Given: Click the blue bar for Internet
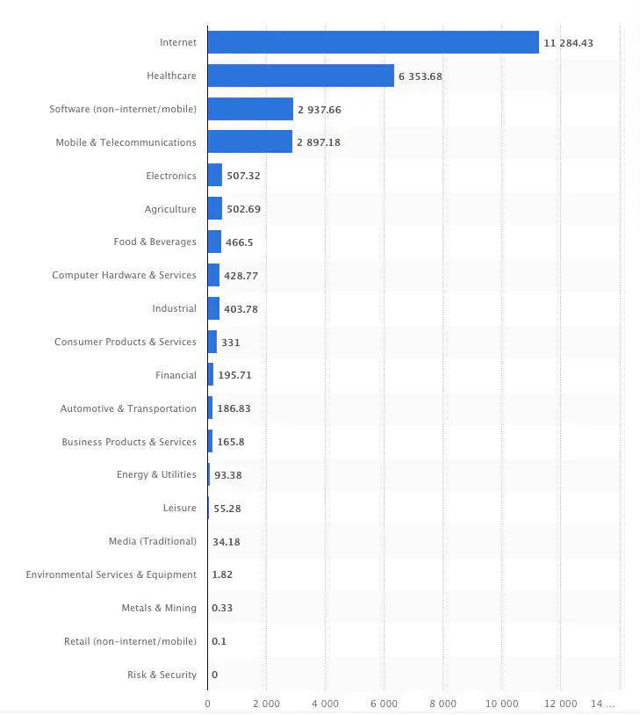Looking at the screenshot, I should point(373,42).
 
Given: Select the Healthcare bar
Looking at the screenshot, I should point(300,76).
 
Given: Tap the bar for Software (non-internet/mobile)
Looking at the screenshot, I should point(250,109).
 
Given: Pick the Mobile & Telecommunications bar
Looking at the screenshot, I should point(249,142).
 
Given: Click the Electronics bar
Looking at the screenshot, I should point(214,176).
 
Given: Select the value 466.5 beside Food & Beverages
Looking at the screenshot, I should point(240,242).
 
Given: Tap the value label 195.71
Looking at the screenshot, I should point(235,375).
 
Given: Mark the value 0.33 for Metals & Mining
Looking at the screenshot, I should point(222,608).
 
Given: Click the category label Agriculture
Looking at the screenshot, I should point(170,209).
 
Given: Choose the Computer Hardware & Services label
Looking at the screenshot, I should point(124,275).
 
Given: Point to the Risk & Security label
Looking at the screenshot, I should point(162,675).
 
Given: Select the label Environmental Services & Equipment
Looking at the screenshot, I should point(111,574).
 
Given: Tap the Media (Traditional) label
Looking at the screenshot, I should point(153,541).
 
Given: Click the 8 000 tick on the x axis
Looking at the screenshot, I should point(442,704).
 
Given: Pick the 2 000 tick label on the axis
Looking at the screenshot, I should point(266,704).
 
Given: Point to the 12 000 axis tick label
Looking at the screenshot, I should point(560,704).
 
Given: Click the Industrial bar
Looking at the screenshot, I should point(213,308).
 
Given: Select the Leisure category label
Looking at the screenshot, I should point(179,508).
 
